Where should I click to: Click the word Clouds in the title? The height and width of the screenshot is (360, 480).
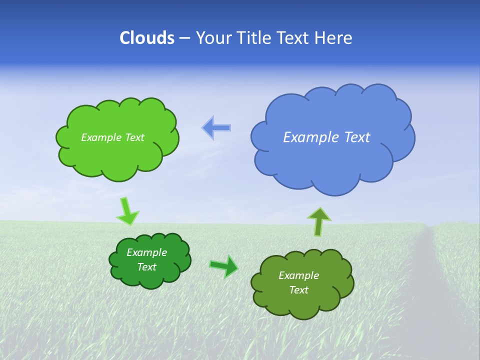(147, 38)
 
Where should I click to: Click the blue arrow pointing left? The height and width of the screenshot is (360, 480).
(216, 128)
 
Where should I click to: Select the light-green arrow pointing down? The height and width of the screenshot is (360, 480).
(126, 211)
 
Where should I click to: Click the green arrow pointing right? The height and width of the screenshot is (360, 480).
(224, 266)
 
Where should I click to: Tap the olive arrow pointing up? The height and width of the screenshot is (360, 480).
(319, 221)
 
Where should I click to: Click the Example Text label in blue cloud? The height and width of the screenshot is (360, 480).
(326, 137)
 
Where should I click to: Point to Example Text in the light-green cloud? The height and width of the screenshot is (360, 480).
(112, 137)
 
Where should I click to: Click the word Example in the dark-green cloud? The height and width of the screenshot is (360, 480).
(146, 252)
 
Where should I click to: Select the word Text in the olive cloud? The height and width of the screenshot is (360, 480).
(298, 290)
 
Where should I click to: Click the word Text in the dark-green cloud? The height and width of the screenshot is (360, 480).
(146, 267)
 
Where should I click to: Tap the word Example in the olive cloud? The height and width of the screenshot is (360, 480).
(298, 275)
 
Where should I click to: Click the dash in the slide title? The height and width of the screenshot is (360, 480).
(184, 38)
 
